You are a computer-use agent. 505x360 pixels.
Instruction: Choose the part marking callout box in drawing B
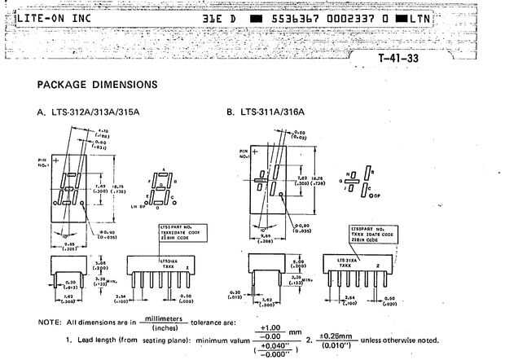373,234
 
